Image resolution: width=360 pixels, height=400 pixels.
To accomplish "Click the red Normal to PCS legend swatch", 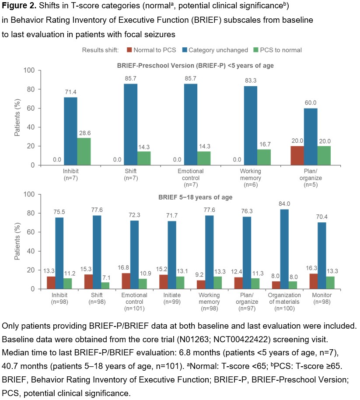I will [x=129, y=49].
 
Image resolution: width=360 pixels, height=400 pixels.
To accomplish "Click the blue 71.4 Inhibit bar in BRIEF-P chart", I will [x=70, y=131].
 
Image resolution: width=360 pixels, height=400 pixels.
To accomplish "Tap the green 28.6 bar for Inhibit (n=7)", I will [x=84, y=151].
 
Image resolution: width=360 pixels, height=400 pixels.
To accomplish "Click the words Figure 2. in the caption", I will [x=17, y=7].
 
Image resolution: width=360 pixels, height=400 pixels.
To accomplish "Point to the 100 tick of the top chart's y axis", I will [x=30, y=70].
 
